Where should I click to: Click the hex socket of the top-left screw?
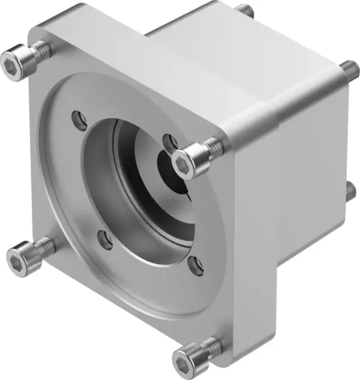click(x=13, y=60)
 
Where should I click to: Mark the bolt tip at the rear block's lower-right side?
click(x=352, y=192)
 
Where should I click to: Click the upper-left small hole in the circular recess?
click(x=77, y=118)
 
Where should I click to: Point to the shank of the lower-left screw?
click(x=42, y=244)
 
